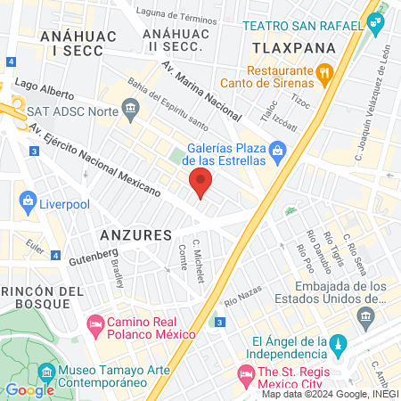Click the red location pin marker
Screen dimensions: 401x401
(x=200, y=184)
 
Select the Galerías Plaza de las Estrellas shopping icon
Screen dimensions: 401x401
(x=278, y=151)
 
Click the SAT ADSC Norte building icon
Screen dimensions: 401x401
(x=131, y=110)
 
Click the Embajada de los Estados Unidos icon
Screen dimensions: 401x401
(x=365, y=315)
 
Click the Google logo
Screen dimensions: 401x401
(x=30, y=389)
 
